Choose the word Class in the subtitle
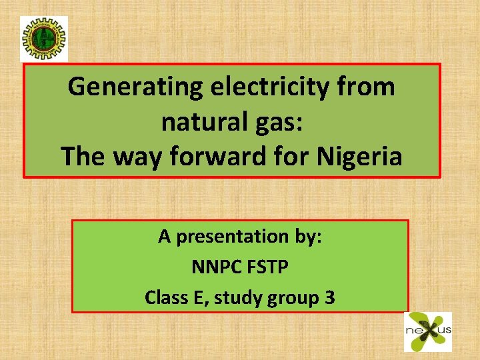(x=165, y=297)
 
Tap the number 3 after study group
(x=329, y=297)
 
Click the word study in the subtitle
(x=239, y=298)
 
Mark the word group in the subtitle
(x=291, y=298)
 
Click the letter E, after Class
(x=199, y=297)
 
